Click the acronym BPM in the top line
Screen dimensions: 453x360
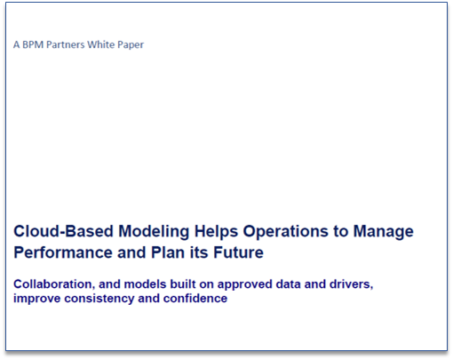33,44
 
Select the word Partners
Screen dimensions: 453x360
66,44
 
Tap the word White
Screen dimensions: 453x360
101,44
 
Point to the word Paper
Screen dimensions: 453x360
131,45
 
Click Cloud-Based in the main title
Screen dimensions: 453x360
63,231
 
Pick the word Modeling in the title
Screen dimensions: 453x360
154,232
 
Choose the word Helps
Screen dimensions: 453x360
216,232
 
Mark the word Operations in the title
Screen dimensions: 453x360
286,232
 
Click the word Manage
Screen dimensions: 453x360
383,232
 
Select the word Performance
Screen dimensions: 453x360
63,252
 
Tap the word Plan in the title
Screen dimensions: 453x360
168,252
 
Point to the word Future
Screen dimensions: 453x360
238,252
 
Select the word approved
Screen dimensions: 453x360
244,285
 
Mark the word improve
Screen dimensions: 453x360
37,300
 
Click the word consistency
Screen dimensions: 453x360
99,300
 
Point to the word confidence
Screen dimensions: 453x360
195,298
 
